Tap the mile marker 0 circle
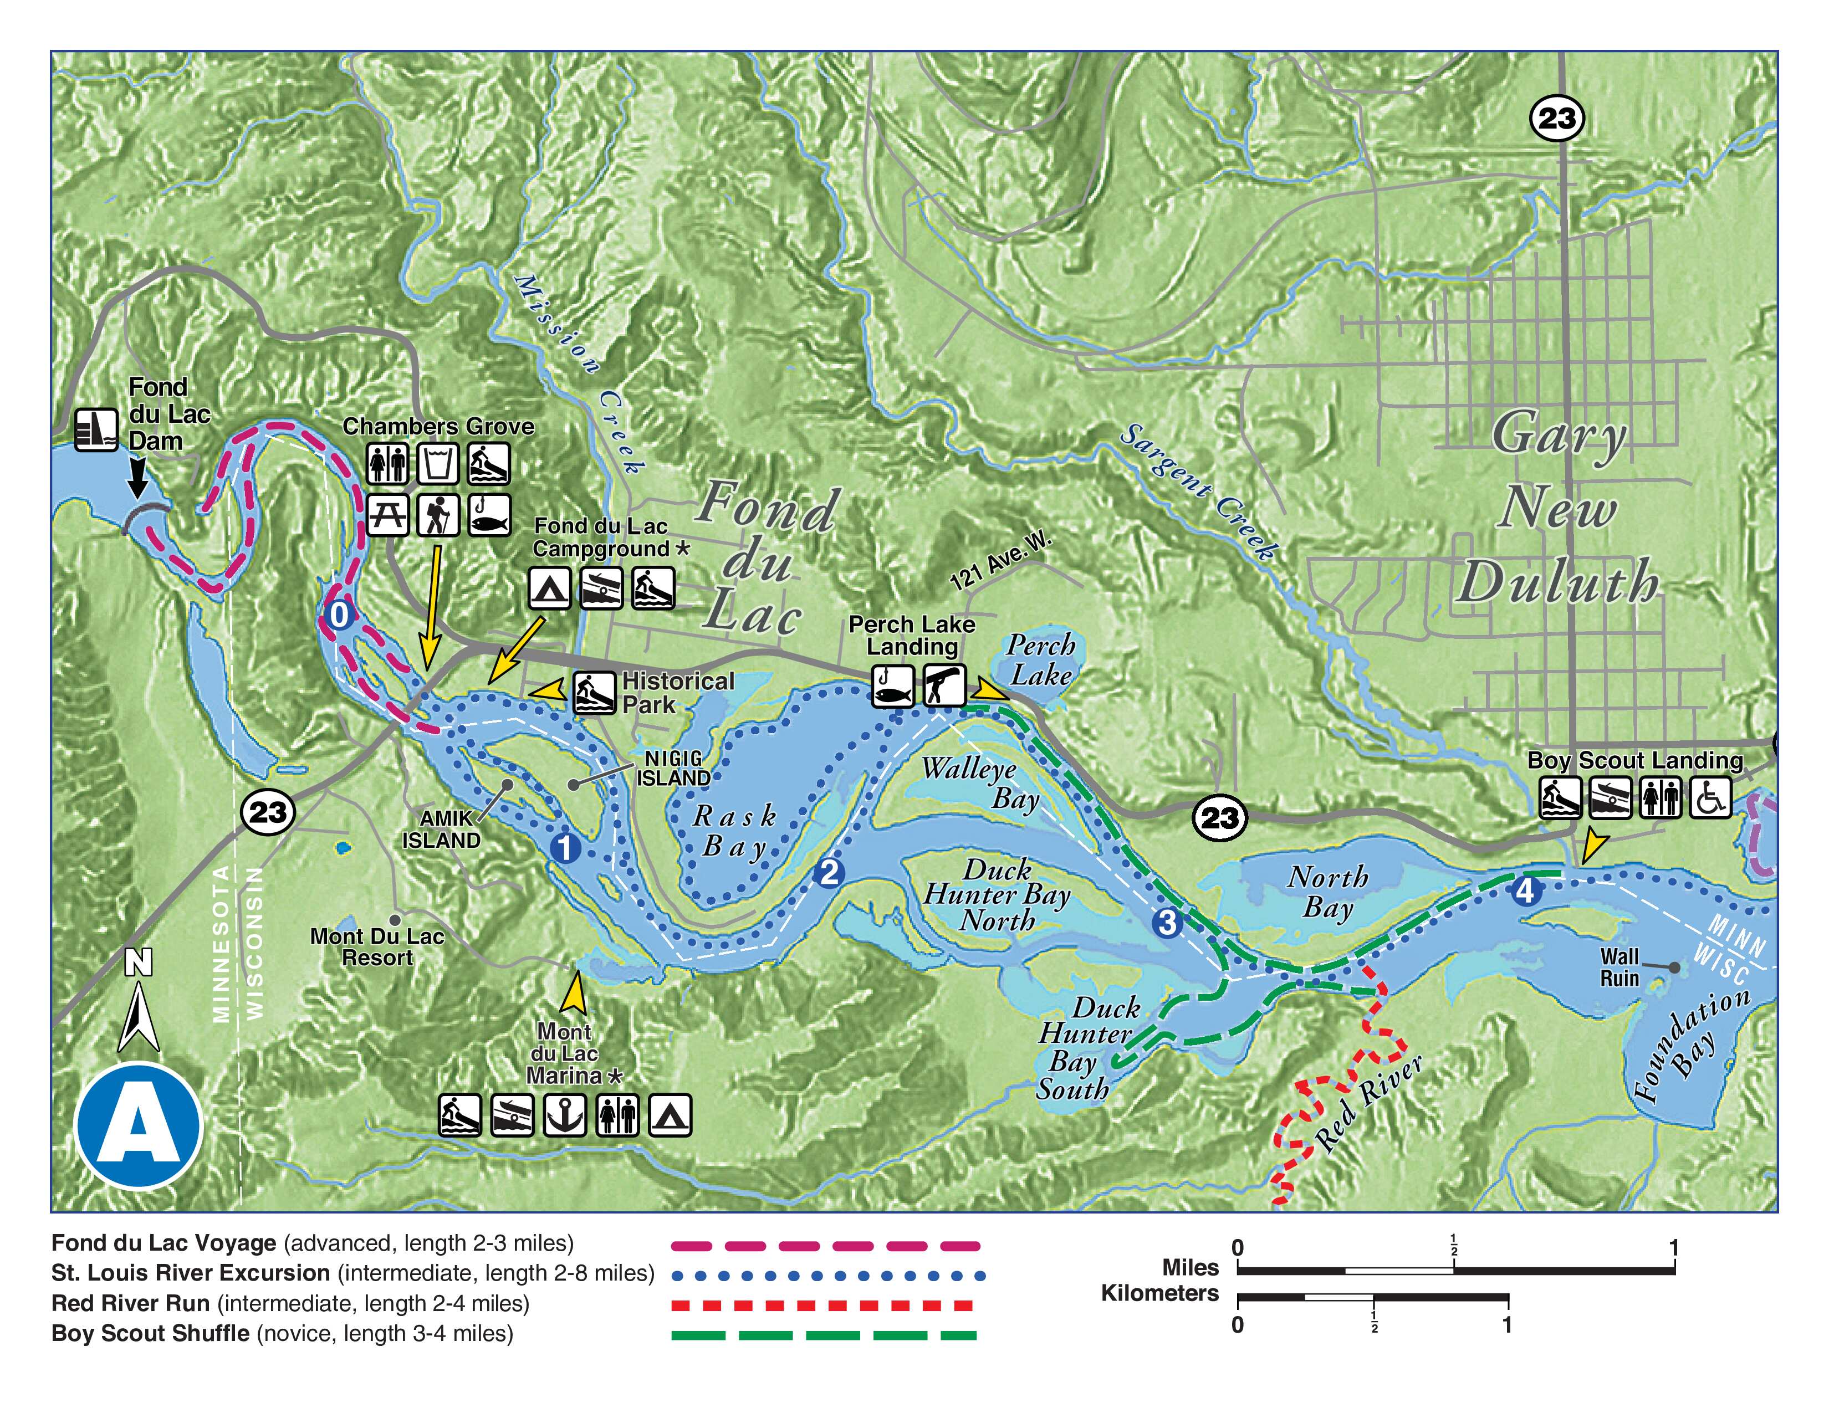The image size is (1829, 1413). click(x=339, y=615)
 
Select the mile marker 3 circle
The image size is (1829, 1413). click(x=1167, y=923)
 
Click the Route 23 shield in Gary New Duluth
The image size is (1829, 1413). click(x=1557, y=118)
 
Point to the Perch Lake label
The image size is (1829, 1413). click(x=1040, y=661)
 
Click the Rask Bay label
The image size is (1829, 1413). click(x=734, y=831)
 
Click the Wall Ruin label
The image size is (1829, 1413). click(x=1619, y=967)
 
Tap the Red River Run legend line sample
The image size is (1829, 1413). click(x=822, y=1305)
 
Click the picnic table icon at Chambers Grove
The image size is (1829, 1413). click(x=388, y=514)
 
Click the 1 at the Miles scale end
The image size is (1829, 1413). click(x=1673, y=1248)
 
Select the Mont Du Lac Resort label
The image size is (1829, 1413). click(x=377, y=947)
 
